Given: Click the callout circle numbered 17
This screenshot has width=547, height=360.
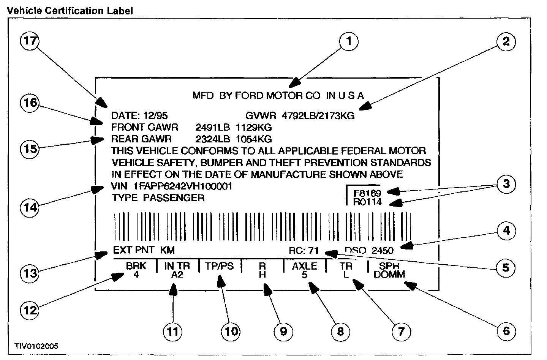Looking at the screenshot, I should (x=30, y=41).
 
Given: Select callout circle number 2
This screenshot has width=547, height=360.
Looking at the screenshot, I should (x=506, y=41).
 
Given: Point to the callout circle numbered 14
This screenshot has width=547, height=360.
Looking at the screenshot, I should (x=30, y=207).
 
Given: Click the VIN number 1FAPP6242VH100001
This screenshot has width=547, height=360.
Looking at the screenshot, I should (x=183, y=186).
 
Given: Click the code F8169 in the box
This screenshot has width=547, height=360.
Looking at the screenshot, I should (x=367, y=193).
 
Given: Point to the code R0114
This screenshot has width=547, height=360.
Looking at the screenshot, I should (x=367, y=202).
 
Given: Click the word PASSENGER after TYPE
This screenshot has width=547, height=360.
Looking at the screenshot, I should (x=174, y=198).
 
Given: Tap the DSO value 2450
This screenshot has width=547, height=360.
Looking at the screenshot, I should (x=382, y=250).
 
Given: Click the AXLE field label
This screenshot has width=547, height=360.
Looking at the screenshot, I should (x=304, y=266).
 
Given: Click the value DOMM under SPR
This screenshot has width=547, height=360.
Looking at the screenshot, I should (x=389, y=274).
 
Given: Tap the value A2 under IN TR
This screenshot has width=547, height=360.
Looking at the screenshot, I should (x=177, y=274).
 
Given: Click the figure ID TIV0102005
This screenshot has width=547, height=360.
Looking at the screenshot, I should (x=36, y=346).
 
